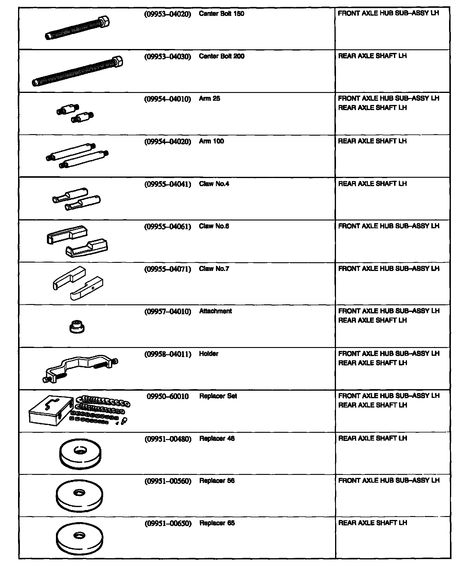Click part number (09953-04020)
(x=168, y=14)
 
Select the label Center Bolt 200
(x=221, y=56)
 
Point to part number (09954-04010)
(x=168, y=99)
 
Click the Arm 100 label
(x=211, y=141)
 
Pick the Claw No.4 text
(x=214, y=184)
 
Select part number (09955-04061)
(x=168, y=226)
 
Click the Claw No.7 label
(x=214, y=269)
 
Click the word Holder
(x=208, y=354)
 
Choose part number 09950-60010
(x=168, y=396)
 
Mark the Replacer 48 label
(x=217, y=438)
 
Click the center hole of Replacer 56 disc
(x=79, y=493)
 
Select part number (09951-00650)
(x=168, y=524)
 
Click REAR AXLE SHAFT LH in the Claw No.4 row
(x=372, y=184)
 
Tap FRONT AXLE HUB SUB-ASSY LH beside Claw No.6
(x=388, y=226)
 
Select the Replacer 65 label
(x=217, y=523)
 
